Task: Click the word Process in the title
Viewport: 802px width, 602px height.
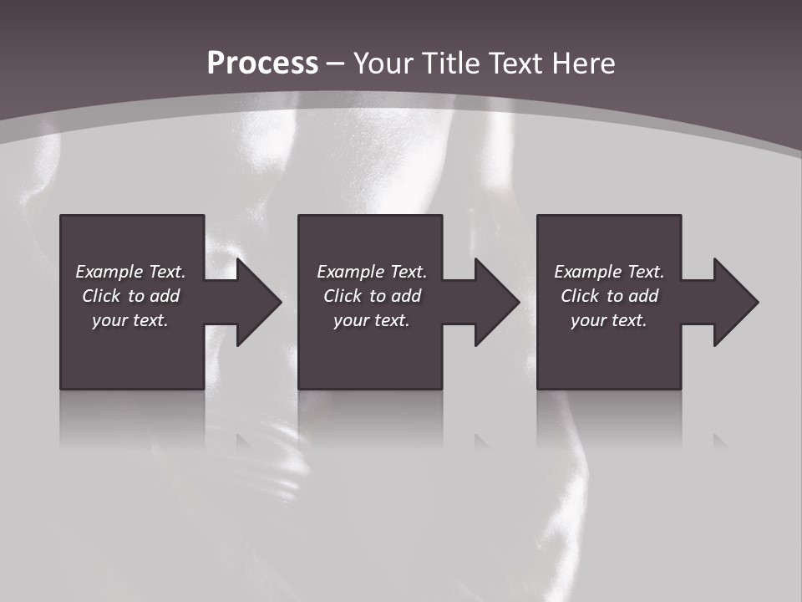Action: click(262, 64)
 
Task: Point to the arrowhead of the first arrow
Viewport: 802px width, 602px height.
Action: click(259, 302)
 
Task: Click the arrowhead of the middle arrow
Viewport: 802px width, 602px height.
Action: click(497, 302)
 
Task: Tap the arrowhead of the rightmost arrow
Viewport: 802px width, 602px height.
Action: click(736, 302)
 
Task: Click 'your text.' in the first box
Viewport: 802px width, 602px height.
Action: click(130, 320)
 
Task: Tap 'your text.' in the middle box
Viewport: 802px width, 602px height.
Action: click(372, 320)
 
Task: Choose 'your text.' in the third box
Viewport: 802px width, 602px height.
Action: click(609, 320)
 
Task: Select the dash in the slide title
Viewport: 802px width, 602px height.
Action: click(336, 64)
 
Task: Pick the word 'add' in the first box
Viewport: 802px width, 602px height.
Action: click(164, 296)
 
